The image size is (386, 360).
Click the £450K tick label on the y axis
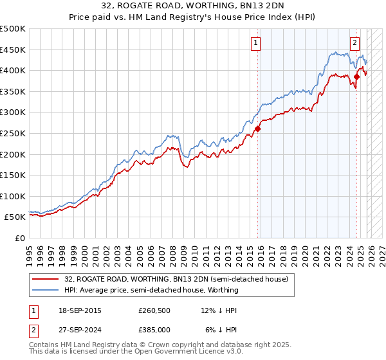pyautogui.click(x=13, y=50)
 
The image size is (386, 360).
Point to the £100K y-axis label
pyautogui.click(x=13, y=196)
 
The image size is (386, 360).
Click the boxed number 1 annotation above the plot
pyautogui.click(x=255, y=43)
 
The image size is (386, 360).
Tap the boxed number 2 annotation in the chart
pyautogui.click(x=354, y=43)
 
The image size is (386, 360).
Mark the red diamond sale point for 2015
pyautogui.click(x=257, y=129)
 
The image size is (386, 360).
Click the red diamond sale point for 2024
pyautogui.click(x=356, y=76)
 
